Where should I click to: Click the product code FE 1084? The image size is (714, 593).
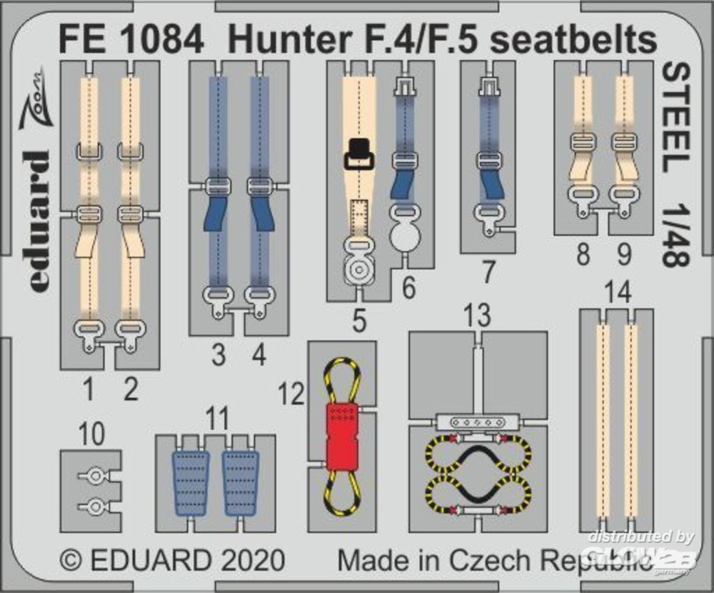(131, 41)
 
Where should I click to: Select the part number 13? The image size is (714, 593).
(477, 314)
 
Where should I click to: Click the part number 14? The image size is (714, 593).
(616, 293)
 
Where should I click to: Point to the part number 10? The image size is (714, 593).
(92, 433)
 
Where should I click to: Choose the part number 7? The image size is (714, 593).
(488, 271)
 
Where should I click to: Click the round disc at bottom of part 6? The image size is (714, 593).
(406, 234)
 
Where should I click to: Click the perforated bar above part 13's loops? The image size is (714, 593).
(477, 422)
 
